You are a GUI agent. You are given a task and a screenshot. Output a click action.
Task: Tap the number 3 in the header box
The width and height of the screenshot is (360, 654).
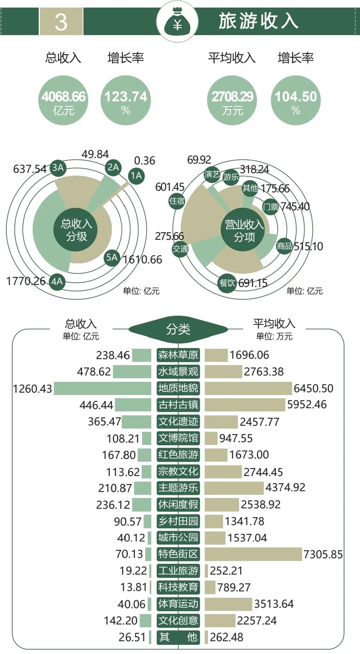click(61, 22)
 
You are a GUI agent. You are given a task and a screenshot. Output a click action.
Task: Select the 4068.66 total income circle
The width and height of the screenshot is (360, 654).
click(63, 101)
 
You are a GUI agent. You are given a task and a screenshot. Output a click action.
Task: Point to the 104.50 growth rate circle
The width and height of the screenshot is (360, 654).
click(295, 101)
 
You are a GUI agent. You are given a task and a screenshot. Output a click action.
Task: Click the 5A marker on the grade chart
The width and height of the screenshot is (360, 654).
click(112, 257)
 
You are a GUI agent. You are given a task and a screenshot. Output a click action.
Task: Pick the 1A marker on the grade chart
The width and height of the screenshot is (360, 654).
click(136, 176)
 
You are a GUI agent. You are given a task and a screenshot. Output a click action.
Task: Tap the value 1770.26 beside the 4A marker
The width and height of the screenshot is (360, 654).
click(26, 281)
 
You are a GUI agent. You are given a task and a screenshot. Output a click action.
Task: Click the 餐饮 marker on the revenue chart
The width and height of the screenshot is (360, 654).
click(227, 283)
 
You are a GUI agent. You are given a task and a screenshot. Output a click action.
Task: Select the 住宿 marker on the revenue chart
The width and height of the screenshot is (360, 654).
click(177, 201)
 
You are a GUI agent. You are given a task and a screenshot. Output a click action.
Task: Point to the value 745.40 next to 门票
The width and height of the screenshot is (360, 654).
click(295, 206)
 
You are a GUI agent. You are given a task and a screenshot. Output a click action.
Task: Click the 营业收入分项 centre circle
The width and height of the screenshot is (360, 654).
click(244, 231)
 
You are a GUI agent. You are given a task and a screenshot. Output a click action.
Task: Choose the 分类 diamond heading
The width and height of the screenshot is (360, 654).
click(178, 329)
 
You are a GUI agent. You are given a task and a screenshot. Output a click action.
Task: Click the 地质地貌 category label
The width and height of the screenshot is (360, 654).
click(178, 388)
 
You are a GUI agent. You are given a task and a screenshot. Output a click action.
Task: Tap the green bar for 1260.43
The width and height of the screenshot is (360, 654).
click(103, 388)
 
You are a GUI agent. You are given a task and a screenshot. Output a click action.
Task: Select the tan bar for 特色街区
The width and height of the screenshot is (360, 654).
click(253, 554)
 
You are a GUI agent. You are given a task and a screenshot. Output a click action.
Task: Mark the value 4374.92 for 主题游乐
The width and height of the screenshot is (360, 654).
click(285, 488)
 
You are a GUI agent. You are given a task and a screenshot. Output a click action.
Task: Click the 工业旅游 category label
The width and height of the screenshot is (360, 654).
click(178, 571)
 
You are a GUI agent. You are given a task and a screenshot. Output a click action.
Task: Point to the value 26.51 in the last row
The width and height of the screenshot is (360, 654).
click(132, 637)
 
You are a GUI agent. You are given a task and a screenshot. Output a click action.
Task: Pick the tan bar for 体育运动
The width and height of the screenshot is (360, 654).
click(228, 604)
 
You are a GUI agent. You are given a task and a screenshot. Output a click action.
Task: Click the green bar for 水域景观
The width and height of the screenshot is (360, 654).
click(132, 371)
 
